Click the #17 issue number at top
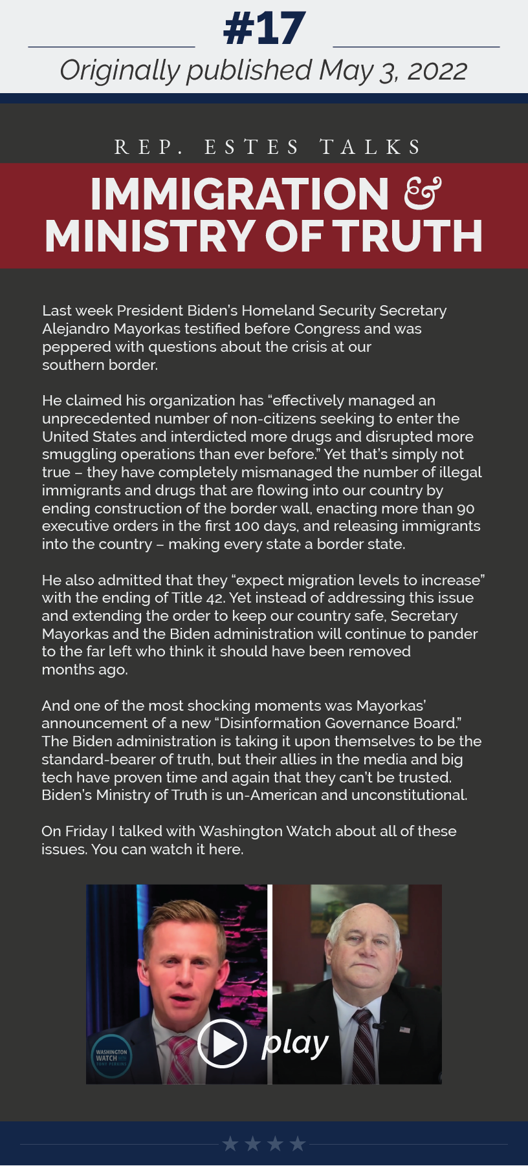point(264,29)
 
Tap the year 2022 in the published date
point(437,71)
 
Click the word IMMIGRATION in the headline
point(239,194)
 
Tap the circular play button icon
point(221,1043)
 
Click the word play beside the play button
point(294,1043)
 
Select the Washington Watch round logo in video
point(111,1057)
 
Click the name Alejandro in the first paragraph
point(76,329)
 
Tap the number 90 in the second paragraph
point(465,508)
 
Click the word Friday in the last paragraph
point(86,831)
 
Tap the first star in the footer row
point(230,1144)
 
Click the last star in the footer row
point(298,1144)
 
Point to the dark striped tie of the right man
point(363,1048)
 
